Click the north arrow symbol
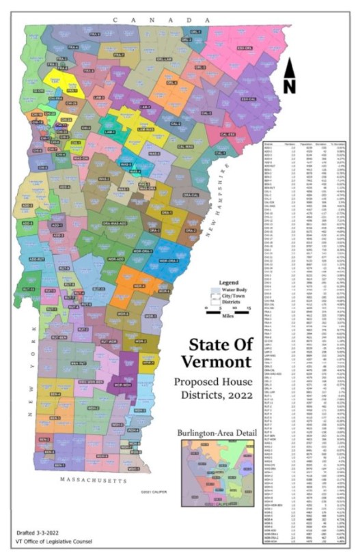point(290,75)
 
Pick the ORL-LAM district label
point(163,59)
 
